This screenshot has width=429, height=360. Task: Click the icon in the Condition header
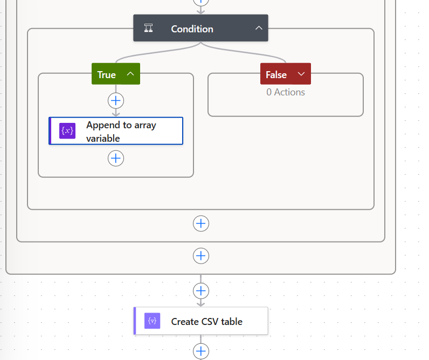[x=149, y=29]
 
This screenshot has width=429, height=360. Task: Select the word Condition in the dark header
[x=192, y=29]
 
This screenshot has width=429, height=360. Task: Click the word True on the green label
[x=106, y=74]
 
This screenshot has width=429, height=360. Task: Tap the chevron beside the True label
[x=130, y=74]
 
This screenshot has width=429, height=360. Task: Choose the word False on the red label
[x=276, y=74]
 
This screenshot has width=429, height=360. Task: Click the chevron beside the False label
[x=301, y=74]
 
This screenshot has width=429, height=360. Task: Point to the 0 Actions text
[x=286, y=92]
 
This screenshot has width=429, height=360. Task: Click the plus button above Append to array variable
[x=116, y=100]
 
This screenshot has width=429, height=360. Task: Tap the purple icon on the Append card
[x=67, y=131]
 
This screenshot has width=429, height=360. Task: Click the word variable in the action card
[x=103, y=138]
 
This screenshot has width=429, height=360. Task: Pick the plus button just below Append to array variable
[x=116, y=158]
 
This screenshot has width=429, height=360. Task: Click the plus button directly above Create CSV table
[x=201, y=291]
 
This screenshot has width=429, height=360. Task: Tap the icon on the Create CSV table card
[x=153, y=321]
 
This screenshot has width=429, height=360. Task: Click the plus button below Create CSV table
[x=201, y=351]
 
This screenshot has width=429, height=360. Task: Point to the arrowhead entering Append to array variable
[x=116, y=113]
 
